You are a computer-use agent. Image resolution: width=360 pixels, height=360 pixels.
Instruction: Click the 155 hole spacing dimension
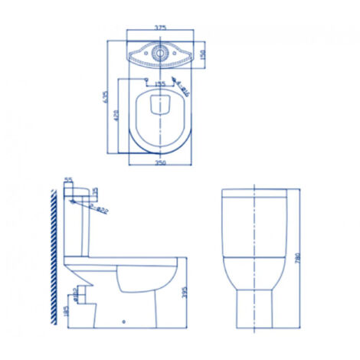[x=160, y=84]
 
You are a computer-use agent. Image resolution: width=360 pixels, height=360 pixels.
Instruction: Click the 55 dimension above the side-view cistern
[x=68, y=182]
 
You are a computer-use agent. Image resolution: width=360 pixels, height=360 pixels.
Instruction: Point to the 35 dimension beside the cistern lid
[x=96, y=190]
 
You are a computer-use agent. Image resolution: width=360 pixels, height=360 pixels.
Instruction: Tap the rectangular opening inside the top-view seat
[x=160, y=105]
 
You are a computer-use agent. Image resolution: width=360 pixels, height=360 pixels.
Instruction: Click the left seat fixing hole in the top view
[x=146, y=80]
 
